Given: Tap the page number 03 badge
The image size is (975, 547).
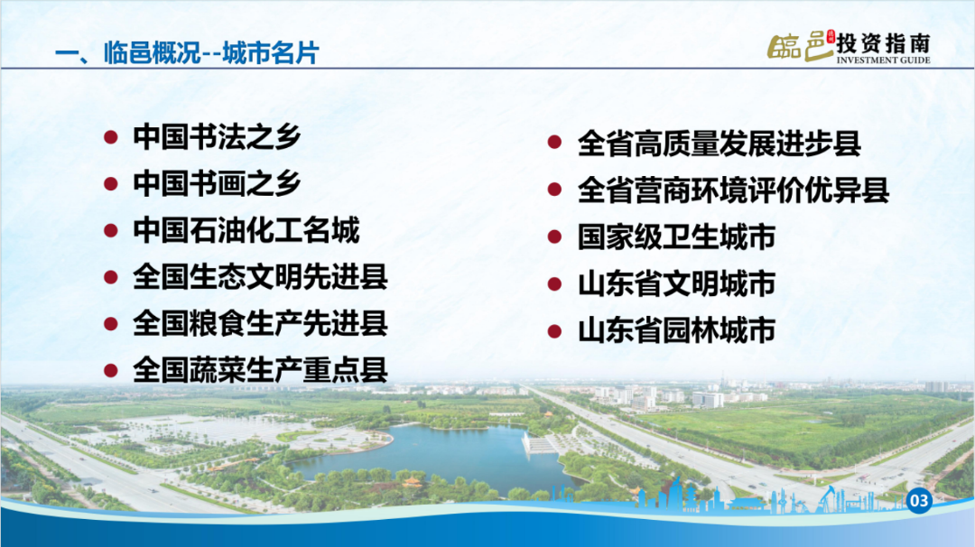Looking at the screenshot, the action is click(919, 501).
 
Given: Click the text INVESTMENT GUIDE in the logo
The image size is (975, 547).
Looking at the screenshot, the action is click(883, 60).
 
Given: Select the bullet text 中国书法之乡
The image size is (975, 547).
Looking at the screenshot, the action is click(217, 137).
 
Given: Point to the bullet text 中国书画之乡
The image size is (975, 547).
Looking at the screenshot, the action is click(217, 183).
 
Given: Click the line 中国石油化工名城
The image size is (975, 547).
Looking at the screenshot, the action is click(246, 230).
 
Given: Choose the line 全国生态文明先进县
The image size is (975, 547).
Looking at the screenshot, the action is click(261, 277).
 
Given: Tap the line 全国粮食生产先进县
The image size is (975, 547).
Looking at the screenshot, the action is click(261, 324).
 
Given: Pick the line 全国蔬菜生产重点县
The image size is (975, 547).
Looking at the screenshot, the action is click(261, 370).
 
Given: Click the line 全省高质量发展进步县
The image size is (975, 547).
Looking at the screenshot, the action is click(720, 144).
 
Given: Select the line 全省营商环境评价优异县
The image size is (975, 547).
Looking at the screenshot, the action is click(734, 190).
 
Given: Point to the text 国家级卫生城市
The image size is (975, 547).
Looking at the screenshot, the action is click(676, 236).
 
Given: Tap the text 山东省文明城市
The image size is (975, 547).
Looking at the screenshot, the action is click(676, 283).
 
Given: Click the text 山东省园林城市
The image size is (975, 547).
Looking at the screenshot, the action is click(676, 330).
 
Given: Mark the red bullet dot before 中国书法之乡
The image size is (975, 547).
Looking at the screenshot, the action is click(111, 137).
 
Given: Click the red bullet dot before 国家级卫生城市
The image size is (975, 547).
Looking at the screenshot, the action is click(554, 236).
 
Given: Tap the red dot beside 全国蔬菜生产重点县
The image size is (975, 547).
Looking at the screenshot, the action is click(111, 371).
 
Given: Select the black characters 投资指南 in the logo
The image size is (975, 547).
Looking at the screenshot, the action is click(883, 43).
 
